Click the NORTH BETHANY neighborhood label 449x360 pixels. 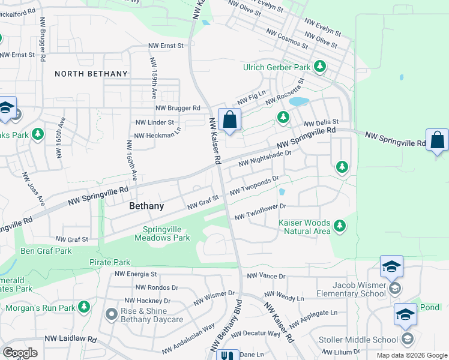click(91, 74)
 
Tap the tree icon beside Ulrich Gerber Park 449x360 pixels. click(321, 67)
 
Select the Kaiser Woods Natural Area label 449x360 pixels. click(304, 227)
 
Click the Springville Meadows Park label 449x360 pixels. click(166, 233)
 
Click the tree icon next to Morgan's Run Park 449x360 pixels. click(84, 308)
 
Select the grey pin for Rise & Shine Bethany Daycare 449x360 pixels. click(111, 314)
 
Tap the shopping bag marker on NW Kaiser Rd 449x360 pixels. click(229, 120)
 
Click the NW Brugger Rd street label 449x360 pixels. click(178, 108)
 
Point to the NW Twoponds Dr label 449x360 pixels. click(255, 185)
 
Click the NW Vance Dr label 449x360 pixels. click(267, 276)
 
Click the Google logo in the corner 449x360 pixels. click(20, 352)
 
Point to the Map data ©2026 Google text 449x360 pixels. click(411, 355)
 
